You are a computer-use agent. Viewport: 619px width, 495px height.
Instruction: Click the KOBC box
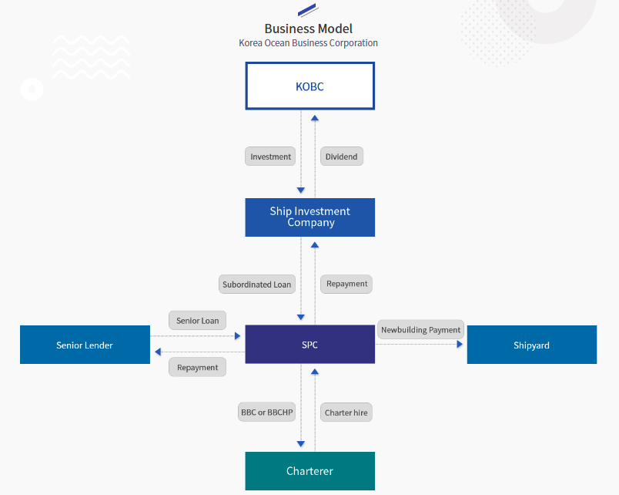(310, 86)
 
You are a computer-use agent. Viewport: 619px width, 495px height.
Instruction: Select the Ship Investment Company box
(310, 217)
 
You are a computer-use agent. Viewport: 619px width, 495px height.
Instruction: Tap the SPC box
(310, 345)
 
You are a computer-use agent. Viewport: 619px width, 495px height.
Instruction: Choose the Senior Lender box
(85, 345)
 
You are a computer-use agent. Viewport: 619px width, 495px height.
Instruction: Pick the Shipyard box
(532, 345)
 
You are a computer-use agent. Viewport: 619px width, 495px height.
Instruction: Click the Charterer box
(310, 471)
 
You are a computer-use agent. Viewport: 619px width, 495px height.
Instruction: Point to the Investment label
(270, 157)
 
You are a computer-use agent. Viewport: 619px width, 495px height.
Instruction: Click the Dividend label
(342, 157)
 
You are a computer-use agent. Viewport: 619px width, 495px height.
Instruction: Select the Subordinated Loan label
(257, 285)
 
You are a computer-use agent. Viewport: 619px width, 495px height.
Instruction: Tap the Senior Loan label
(197, 320)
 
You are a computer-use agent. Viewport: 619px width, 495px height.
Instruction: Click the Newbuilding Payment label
(421, 329)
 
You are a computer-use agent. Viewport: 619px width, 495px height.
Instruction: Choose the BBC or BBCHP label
(267, 412)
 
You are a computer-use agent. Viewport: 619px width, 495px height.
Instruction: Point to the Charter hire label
(346, 412)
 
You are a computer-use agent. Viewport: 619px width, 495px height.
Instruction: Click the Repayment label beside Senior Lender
(197, 367)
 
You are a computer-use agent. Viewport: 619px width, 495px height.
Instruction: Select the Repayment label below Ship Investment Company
(346, 284)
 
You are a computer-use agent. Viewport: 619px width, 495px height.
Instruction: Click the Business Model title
(308, 29)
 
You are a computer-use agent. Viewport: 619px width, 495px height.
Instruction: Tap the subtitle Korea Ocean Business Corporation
(308, 43)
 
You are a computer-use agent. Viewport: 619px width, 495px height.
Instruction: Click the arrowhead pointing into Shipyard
(460, 345)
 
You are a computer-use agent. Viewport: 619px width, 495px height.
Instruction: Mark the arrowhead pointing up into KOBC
(315, 118)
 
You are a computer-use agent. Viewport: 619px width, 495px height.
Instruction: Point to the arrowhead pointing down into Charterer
(301, 444)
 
